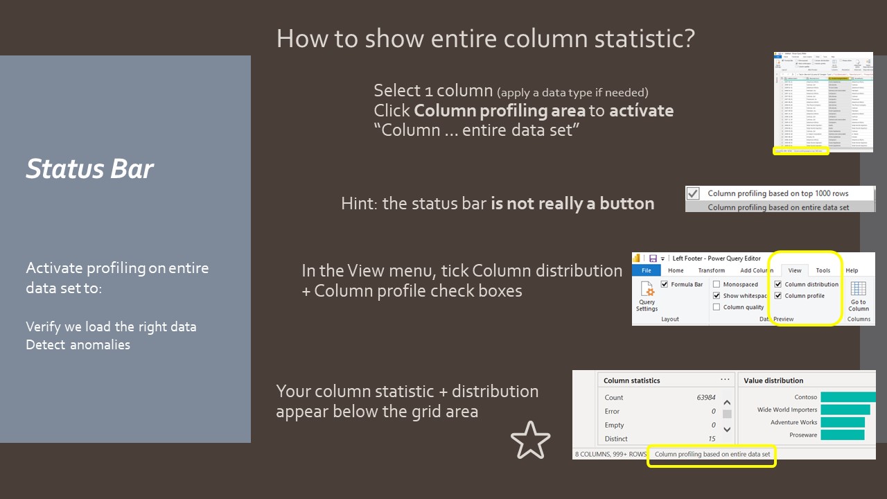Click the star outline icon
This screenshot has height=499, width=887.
(530, 440)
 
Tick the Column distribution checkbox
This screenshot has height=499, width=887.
(778, 284)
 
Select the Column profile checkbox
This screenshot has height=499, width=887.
(778, 296)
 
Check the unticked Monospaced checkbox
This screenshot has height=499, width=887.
(717, 284)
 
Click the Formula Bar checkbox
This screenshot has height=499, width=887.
(665, 284)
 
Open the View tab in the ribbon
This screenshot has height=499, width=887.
(795, 270)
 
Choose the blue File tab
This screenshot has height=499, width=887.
(646, 270)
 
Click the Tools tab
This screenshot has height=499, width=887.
(823, 270)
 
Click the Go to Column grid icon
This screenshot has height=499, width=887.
(859, 289)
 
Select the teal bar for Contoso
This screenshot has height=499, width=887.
(848, 397)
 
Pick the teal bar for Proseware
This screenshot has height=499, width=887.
(842, 435)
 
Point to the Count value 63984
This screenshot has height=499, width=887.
(706, 398)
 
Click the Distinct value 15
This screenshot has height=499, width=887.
(712, 439)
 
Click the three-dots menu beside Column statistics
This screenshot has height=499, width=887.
(725, 380)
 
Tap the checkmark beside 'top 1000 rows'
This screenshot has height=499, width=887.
(693, 193)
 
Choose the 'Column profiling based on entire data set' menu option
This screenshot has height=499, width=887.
(778, 207)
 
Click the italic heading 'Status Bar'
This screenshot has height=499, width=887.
(89, 169)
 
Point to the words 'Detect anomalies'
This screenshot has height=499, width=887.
(78, 344)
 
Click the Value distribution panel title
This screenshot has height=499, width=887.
(773, 380)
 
